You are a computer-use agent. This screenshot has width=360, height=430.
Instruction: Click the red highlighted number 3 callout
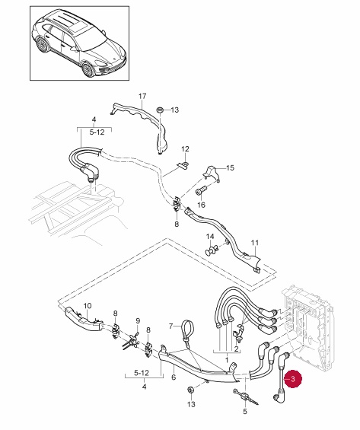(292, 379)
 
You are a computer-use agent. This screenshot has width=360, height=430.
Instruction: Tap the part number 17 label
(142, 96)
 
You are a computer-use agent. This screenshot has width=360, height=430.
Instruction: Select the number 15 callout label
(231, 168)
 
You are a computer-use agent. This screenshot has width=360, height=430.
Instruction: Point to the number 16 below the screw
(201, 205)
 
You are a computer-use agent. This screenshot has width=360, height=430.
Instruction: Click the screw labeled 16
(201, 191)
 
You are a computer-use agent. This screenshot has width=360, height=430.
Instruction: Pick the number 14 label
(210, 237)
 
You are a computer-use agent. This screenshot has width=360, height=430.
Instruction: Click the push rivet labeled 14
(212, 250)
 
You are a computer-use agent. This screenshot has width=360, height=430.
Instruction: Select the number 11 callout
(255, 243)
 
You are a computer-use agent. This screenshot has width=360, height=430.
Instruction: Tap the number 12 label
(186, 149)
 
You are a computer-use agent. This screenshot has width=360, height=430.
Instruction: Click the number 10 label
(88, 306)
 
